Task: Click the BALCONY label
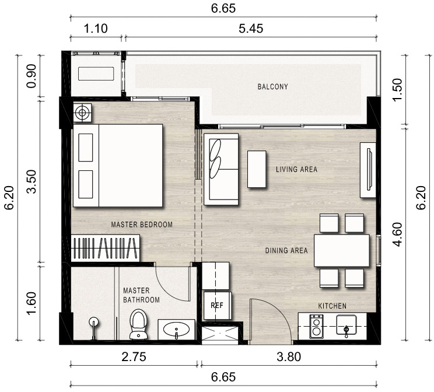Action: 272,87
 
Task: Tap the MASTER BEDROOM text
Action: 142,224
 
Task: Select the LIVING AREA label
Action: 296,169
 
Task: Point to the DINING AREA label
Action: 286,250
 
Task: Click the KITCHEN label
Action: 332,306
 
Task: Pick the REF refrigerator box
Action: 217,305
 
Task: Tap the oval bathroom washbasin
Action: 176,329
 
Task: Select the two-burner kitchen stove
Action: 316,327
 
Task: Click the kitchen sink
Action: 346,325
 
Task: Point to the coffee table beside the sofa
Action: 257,169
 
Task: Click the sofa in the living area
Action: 221,169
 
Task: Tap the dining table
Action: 342,250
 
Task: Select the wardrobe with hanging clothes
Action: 106,248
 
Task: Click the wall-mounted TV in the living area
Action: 369,169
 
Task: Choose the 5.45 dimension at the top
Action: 251,29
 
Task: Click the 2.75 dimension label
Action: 134,356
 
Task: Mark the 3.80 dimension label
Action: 289,356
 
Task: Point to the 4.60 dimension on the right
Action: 397,234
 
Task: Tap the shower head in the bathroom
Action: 93,321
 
